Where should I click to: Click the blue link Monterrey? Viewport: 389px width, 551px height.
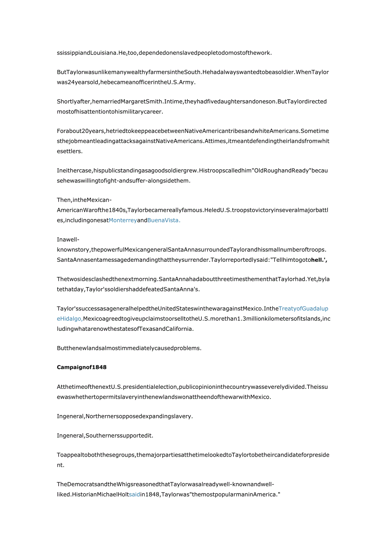[123, 220]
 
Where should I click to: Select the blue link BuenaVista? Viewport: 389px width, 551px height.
[164, 220]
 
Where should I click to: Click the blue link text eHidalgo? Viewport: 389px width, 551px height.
[70, 318]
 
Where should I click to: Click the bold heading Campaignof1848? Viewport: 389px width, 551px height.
[82, 367]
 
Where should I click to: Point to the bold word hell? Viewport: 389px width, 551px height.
[318, 260]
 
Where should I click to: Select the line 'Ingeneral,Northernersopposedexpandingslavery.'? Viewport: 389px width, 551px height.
[125, 416]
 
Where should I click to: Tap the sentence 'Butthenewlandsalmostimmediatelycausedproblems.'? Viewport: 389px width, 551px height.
[129, 348]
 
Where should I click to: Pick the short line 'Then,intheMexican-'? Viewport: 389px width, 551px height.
[84, 200]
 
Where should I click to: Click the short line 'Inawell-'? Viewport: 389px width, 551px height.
[68, 239]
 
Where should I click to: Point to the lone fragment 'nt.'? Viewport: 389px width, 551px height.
[61, 465]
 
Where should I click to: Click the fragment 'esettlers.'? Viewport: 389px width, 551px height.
[70, 151]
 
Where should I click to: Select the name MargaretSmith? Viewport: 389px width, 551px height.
[152, 102]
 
